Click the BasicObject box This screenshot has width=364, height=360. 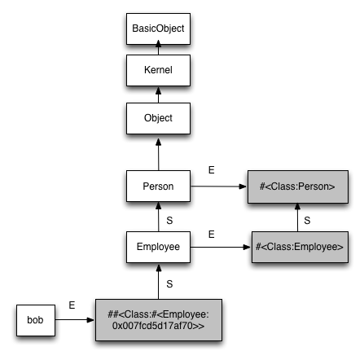pos(158,29)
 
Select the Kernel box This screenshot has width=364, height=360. pos(158,70)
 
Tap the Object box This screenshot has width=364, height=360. pos(158,118)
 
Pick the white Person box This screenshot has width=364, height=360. pos(158,187)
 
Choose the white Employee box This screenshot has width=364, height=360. pos(158,247)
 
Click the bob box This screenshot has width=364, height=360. pos(36,320)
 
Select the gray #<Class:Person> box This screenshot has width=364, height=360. pos(298,187)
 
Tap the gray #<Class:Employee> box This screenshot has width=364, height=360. pos(300,247)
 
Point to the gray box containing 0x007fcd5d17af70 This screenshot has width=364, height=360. pos(159,320)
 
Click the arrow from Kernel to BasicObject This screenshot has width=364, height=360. pos(158,47)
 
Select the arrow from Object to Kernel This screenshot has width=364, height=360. pos(158,94)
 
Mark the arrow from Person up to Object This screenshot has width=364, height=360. pos(158,155)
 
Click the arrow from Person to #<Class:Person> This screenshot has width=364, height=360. pos(218,187)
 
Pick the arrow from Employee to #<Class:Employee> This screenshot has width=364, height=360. pos(221,247)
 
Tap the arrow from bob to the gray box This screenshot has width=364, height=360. pos(75,320)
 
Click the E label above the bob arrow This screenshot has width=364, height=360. pos(72,305)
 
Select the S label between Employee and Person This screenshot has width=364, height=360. pos(169,221)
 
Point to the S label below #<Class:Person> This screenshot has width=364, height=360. pos(307,221)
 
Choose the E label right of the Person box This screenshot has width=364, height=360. pos(212,170)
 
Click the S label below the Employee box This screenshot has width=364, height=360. pos(169,284)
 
